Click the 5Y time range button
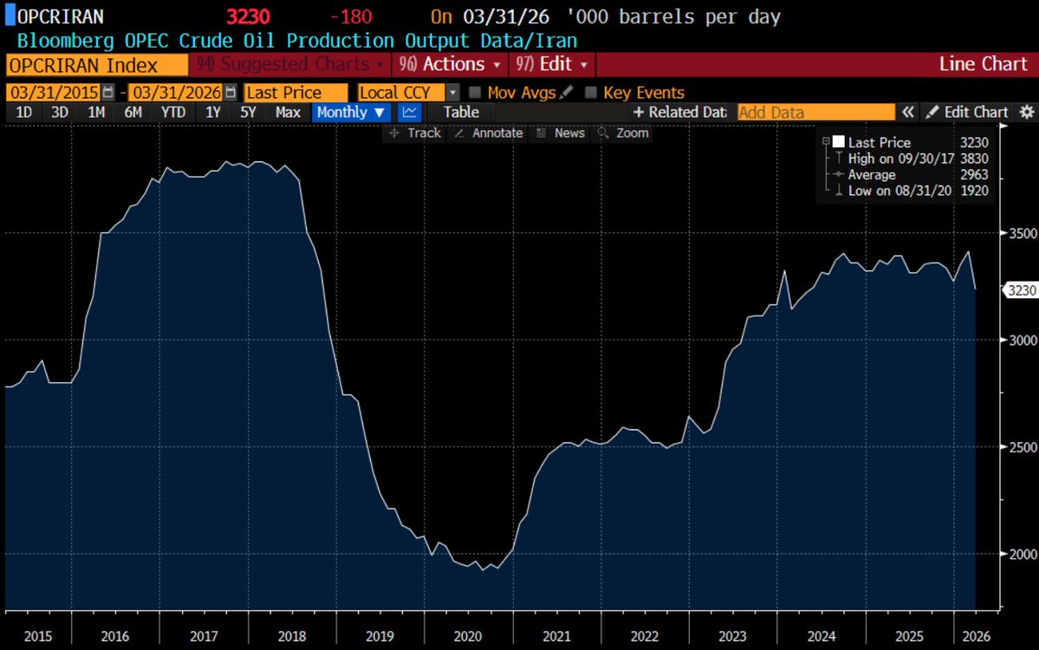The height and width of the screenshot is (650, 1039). click(x=248, y=113)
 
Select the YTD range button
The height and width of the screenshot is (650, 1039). click(x=173, y=113)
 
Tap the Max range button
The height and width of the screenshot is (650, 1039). click(x=288, y=113)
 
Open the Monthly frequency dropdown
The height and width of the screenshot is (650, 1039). click(x=350, y=113)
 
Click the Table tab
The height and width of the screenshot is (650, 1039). click(x=461, y=113)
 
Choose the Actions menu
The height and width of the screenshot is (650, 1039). click(x=450, y=64)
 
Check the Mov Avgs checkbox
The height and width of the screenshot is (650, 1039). click(x=475, y=92)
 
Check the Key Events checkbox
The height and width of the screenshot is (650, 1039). click(x=591, y=92)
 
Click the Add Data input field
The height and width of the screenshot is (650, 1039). click(x=815, y=113)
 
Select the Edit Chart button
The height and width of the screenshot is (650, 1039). click(x=967, y=113)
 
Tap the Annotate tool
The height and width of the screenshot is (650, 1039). click(x=489, y=133)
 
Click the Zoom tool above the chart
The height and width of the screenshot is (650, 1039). click(x=624, y=133)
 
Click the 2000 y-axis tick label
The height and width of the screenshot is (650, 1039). click(x=1023, y=554)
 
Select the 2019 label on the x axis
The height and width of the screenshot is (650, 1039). click(x=380, y=636)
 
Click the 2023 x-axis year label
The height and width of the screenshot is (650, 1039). click(x=732, y=636)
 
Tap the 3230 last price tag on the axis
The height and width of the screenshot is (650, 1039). click(x=1021, y=290)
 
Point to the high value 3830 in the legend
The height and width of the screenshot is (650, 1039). click(x=974, y=159)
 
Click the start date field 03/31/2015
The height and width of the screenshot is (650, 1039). click(x=54, y=92)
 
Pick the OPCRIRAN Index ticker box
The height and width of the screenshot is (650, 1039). click(x=97, y=65)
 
